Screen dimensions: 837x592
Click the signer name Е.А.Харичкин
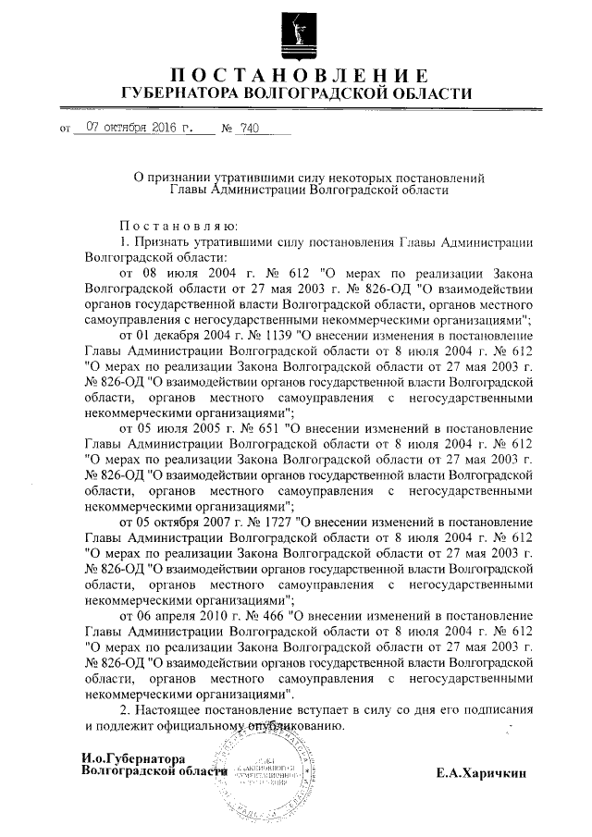tap(489, 770)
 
